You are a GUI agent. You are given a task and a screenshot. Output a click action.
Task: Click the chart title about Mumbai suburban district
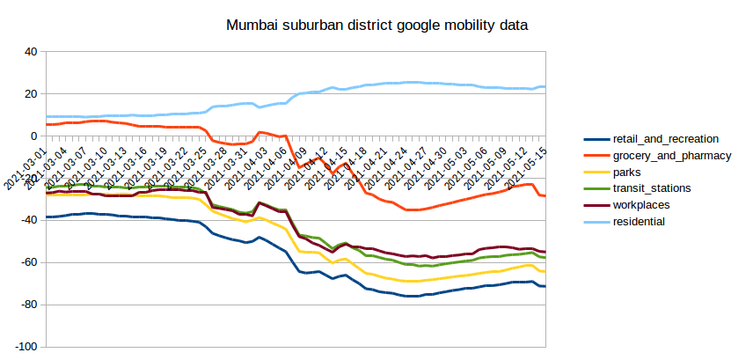[x=376, y=26]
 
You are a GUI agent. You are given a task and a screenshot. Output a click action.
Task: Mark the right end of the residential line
[x=545, y=86]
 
